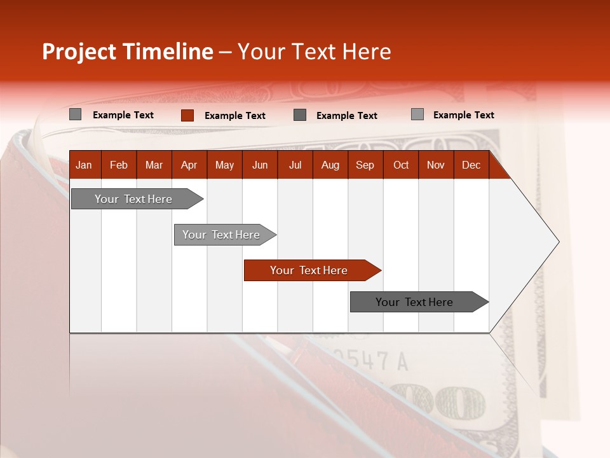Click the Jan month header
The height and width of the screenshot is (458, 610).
84,165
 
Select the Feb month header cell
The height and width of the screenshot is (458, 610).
119,165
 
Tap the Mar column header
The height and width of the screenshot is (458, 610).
154,165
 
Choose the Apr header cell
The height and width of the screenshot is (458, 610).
189,165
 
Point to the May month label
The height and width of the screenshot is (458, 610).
224,165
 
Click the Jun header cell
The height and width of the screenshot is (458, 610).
260,165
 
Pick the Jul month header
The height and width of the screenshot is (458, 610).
295,165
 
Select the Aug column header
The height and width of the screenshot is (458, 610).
330,165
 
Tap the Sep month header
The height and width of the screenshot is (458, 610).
365,165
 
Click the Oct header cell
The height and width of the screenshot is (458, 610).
401,165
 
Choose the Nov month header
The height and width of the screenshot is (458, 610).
436,165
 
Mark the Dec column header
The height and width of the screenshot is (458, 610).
471,165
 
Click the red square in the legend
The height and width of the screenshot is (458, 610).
187,115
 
